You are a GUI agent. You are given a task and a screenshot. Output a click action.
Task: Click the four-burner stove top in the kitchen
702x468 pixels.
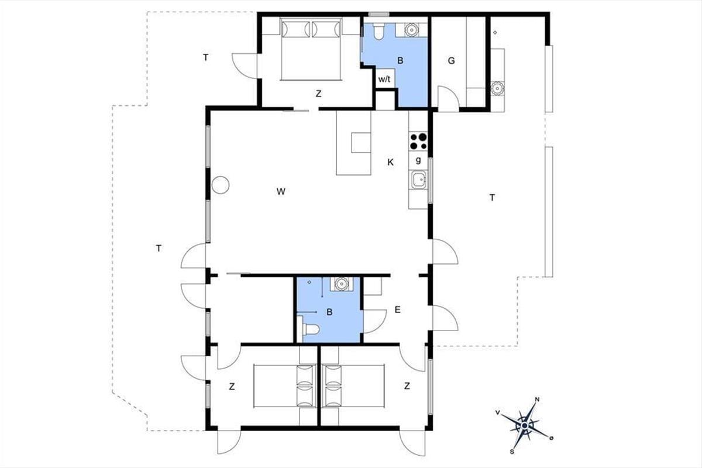click(x=418, y=142)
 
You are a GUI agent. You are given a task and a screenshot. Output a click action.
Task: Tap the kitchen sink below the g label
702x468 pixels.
click(x=419, y=180)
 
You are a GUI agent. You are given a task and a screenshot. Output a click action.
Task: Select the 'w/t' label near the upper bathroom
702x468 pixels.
click(x=384, y=80)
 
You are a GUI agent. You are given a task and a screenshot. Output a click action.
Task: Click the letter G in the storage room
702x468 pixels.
click(x=451, y=60)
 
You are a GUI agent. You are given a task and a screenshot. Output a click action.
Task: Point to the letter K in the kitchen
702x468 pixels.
click(x=390, y=163)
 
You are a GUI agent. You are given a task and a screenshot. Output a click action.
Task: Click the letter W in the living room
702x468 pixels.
click(x=281, y=191)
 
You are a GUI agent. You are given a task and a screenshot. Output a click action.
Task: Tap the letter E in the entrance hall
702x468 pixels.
click(x=397, y=310)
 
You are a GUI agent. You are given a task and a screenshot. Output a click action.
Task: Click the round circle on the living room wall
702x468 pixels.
click(x=221, y=185)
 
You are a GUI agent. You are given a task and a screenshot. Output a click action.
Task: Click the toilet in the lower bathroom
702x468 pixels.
click(x=311, y=329)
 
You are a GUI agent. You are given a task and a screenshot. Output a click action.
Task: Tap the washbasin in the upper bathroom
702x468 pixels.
click(x=411, y=30)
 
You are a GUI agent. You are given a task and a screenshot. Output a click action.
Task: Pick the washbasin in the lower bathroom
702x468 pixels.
click(x=341, y=284)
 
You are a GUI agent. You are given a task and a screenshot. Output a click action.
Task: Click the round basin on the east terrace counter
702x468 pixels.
click(x=497, y=88)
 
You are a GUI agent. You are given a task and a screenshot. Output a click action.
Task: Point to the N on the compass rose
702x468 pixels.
click(x=537, y=400)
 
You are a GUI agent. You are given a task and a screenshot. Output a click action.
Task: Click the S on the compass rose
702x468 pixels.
click(x=512, y=452)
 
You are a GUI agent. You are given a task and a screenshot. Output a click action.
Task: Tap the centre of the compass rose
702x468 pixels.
click(x=525, y=426)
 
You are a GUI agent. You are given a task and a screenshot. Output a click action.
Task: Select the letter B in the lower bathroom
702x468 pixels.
click(x=329, y=312)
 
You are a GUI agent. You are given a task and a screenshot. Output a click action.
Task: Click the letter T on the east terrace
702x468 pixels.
click(x=492, y=198)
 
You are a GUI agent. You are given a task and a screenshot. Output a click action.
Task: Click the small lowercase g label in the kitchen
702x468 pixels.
click(x=418, y=160)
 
